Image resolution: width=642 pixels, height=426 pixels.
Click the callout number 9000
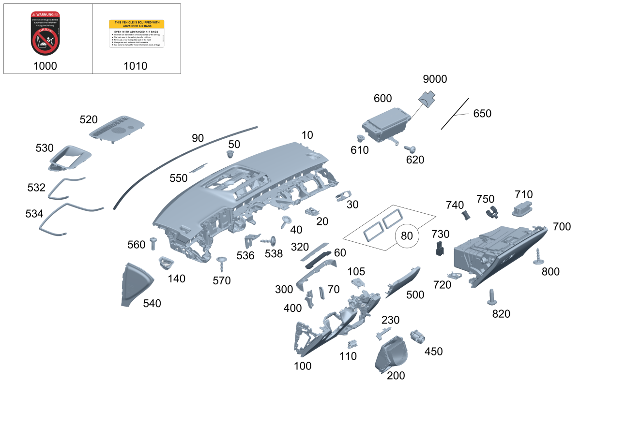pyautogui.click(x=434, y=79)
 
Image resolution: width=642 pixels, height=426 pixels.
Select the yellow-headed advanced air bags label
pyautogui.click(x=136, y=33)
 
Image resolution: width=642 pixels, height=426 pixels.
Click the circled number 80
pyautogui.click(x=407, y=236)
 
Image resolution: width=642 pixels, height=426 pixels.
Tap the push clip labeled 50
pyautogui.click(x=231, y=155)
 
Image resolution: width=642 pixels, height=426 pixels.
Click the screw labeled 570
pyautogui.click(x=222, y=263)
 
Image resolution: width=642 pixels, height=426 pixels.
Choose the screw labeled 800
pyautogui.click(x=538, y=257)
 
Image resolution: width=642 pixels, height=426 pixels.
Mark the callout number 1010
pyautogui.click(x=136, y=66)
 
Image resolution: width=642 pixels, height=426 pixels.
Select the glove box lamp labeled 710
pyautogui.click(x=522, y=209)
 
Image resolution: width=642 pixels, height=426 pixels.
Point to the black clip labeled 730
pyautogui.click(x=440, y=248)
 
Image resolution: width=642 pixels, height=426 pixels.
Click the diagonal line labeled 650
pyautogui.click(x=455, y=114)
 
